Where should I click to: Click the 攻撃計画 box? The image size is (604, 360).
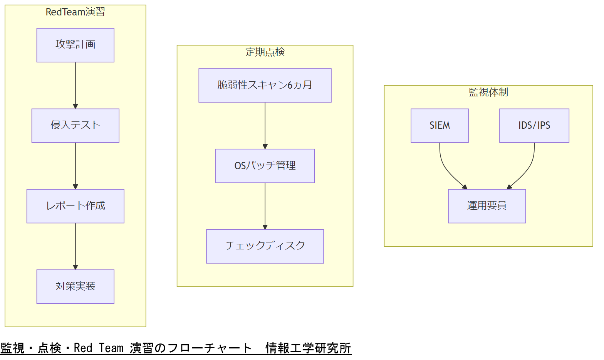point(75,45)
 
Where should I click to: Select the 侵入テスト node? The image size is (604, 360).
point(75,126)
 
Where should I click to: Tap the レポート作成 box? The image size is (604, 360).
point(75,206)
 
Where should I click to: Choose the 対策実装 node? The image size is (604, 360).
point(75,287)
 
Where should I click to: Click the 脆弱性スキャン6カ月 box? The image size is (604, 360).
point(265,86)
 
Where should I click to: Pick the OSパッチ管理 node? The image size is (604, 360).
point(265,166)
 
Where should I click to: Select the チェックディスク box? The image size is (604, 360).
point(265,247)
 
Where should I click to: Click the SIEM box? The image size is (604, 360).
point(440,126)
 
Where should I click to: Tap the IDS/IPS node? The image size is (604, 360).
point(534,126)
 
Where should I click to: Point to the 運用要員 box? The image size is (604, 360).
point(487,206)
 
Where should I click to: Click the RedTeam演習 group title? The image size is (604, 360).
point(75,12)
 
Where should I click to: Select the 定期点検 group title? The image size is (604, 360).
point(265,52)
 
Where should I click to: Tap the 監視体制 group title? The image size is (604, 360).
point(488,92)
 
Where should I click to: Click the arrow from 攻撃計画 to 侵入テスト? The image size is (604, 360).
point(75,86)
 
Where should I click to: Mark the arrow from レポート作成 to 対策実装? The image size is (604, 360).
point(75,247)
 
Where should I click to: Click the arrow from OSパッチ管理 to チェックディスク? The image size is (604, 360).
point(265,206)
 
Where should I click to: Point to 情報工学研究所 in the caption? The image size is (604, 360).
point(308,348)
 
